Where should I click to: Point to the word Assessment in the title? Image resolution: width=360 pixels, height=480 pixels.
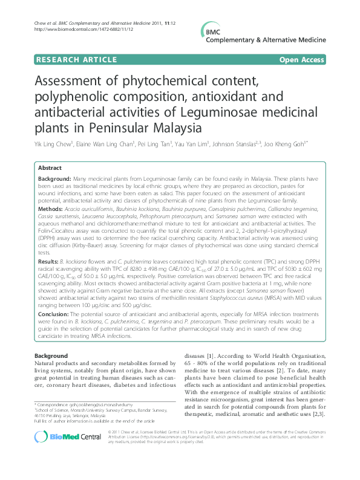coord(73,83)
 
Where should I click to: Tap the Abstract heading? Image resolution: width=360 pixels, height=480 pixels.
coord(50,167)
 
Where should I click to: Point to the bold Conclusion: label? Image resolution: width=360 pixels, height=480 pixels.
coord(56,315)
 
